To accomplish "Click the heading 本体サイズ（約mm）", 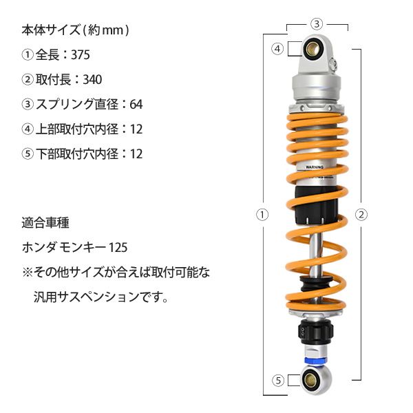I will [76, 31].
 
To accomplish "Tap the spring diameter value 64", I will [136, 105].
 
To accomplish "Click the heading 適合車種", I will [45, 224].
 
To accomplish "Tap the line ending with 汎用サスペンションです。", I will [100, 298].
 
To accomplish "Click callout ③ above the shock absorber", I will [317, 23].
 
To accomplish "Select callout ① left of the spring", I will [262, 214].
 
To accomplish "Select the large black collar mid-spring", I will [317, 204].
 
